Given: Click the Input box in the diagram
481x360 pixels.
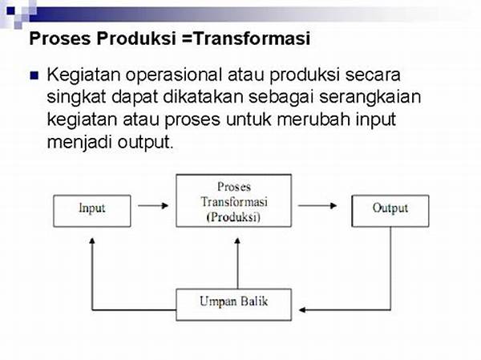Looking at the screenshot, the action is tap(92, 211).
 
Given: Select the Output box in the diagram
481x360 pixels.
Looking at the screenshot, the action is tap(390, 211).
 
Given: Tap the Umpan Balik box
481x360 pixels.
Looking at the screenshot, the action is tap(234, 305).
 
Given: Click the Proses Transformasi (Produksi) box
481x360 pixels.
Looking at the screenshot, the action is tap(234, 200).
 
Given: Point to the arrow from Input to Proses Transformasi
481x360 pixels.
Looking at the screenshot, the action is tap(153, 205).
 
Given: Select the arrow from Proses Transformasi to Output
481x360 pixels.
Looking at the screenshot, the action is tap(317, 205).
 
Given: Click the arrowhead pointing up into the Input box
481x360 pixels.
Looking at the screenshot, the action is tap(92, 241).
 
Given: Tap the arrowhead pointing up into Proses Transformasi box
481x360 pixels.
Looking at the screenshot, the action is tap(237, 241).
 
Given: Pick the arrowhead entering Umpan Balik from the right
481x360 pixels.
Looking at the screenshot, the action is tap(302, 309).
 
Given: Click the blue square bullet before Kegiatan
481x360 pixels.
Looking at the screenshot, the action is tap(34, 75).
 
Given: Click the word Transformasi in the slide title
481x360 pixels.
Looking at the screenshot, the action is tap(252, 38).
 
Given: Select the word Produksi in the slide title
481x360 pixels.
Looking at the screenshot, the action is tap(136, 38).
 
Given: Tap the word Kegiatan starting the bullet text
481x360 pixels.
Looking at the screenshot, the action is tap(83, 75).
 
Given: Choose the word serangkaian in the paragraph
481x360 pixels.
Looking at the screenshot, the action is tap(370, 97).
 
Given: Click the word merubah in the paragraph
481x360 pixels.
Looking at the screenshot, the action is tap(313, 119).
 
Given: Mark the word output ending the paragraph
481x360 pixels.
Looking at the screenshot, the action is tap(146, 143).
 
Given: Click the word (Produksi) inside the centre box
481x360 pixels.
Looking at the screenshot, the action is tap(233, 217).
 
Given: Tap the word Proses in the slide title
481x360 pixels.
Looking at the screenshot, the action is tap(60, 38).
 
